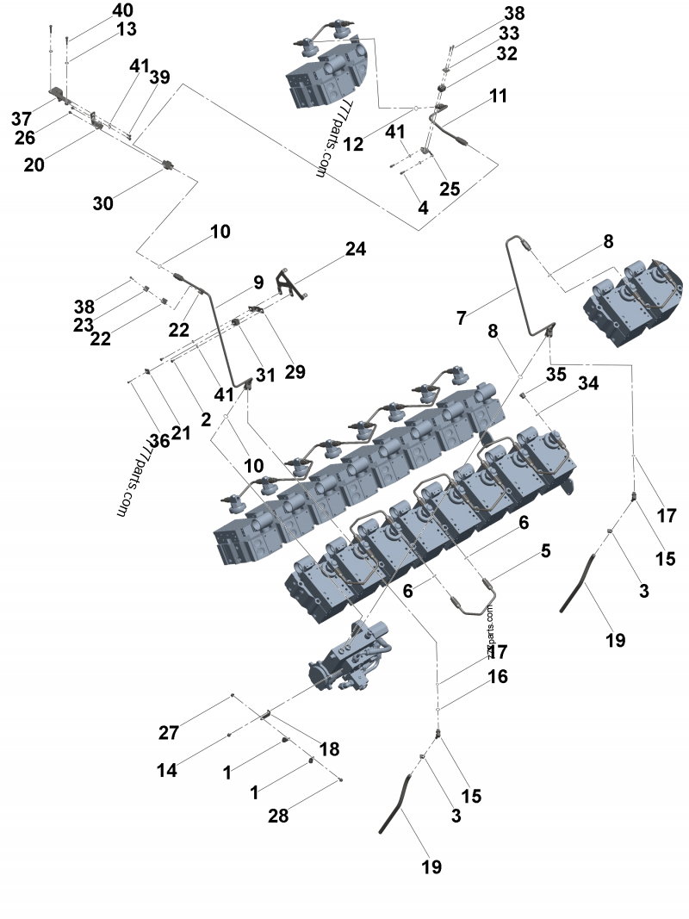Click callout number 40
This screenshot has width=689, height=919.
(x=123, y=11)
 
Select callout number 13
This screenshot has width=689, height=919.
(x=127, y=30)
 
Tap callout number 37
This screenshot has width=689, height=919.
(x=22, y=118)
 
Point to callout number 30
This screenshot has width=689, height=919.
(x=103, y=203)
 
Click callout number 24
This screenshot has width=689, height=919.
(x=356, y=250)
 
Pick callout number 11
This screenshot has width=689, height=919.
(x=499, y=96)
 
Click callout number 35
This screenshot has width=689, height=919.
(x=556, y=375)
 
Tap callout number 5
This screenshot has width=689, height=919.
(x=545, y=549)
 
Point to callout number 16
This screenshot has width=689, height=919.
(x=498, y=677)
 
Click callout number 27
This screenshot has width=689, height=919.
(x=169, y=734)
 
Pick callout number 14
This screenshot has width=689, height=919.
(x=166, y=771)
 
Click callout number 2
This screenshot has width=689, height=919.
(x=206, y=419)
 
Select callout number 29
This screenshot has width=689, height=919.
(x=296, y=372)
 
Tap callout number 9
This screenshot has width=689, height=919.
(x=258, y=283)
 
